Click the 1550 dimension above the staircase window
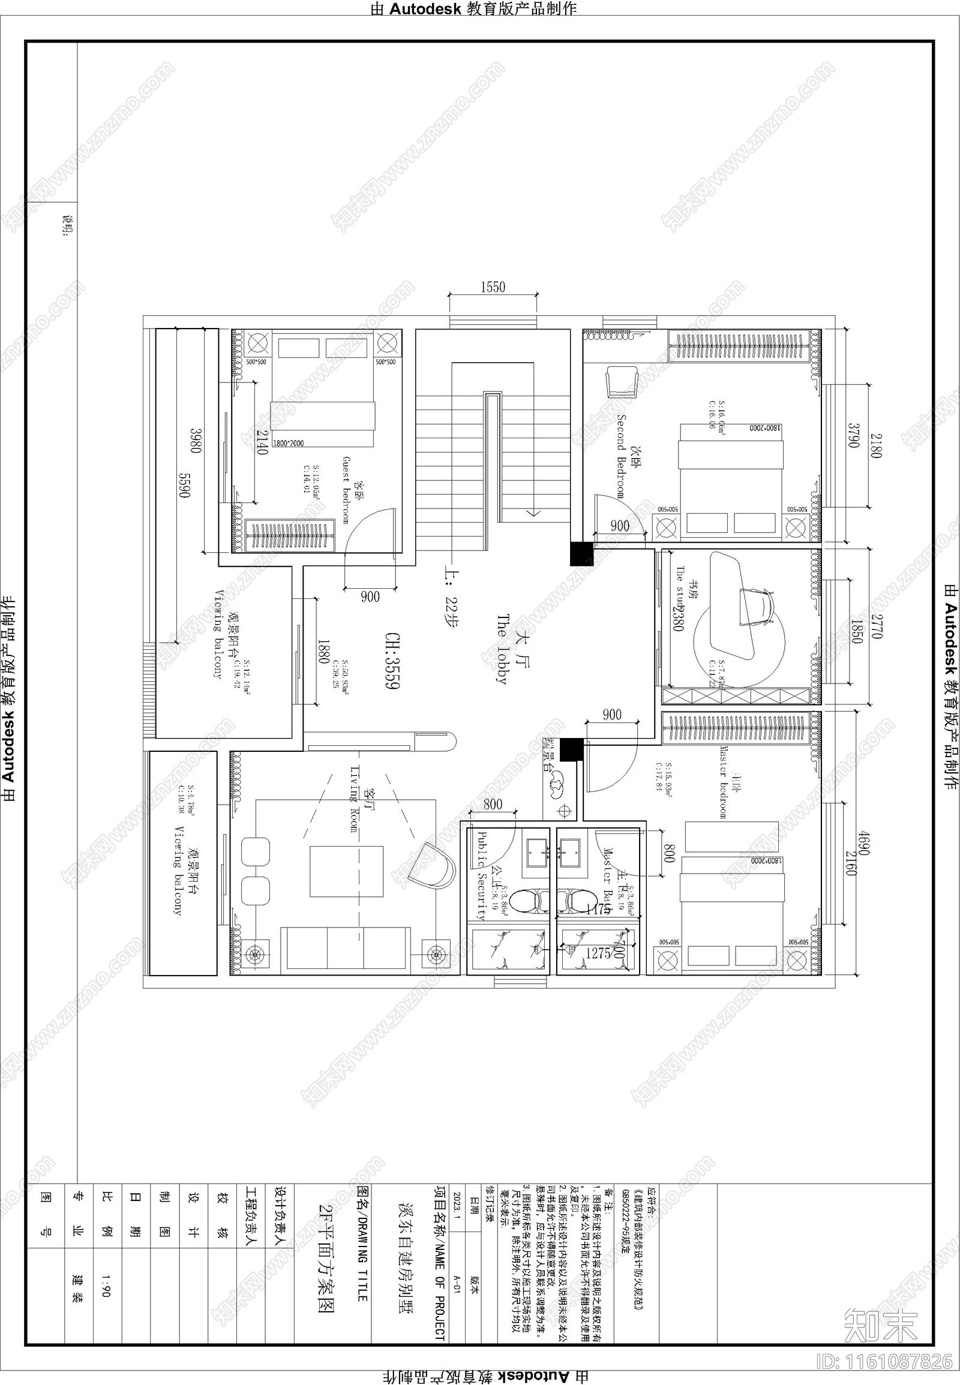pyautogui.click(x=493, y=287)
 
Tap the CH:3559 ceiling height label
pyautogui.click(x=392, y=661)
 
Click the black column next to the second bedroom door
pyautogui.click(x=581, y=553)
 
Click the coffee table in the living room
pyautogui.click(x=346, y=871)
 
